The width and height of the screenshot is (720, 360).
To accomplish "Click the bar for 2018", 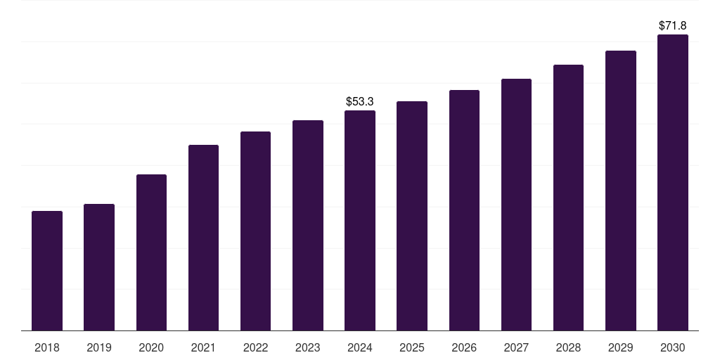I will point(47,271).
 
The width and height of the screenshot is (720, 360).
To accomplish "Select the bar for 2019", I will point(99,267).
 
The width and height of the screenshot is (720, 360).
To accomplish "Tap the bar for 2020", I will point(151,252).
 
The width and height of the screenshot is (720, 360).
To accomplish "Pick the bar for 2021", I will point(203,238).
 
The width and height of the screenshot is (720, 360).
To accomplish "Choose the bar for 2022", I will point(255,231).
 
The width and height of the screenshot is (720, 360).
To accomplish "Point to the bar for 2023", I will point(308,225).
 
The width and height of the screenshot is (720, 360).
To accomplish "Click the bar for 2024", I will point(360,220).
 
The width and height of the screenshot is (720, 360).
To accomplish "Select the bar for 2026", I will point(464,210).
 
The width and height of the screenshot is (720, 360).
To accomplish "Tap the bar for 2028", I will point(568,198).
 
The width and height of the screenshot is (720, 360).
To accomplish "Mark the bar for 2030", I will point(673,182).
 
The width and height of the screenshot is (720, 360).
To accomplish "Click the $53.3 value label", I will point(360,102).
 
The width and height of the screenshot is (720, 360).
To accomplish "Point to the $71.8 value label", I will point(673,26).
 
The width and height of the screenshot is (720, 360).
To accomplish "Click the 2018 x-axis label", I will point(47,347).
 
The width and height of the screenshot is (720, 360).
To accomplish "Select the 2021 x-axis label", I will point(203,347).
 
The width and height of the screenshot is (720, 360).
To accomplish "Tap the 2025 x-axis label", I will point(412,347).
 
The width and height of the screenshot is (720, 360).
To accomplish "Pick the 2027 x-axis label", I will point(516,347).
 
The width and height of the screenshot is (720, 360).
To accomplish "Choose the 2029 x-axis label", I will point(621,347).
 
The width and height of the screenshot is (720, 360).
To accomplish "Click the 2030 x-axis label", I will point(673,347).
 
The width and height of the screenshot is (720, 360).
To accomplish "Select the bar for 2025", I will point(412,216).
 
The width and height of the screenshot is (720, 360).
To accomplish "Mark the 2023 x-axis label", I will point(308,347).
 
